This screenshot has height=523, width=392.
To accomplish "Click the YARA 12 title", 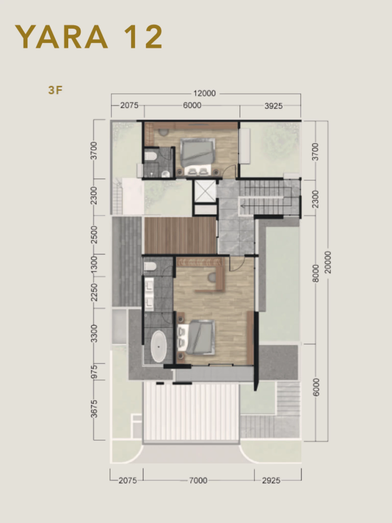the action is pyautogui.click(x=89, y=37).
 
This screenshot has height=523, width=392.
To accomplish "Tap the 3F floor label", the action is pyautogui.click(x=55, y=90).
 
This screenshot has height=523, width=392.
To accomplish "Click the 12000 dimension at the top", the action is pyautogui.click(x=204, y=93).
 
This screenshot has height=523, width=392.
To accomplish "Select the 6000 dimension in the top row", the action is pyautogui.click(x=192, y=105).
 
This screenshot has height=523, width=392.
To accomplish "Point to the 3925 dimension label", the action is pyautogui.click(x=273, y=106).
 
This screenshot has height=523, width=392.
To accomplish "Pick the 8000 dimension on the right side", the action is pyautogui.click(x=316, y=274).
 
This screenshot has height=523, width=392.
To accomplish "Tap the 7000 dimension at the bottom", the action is pyautogui.click(x=198, y=481).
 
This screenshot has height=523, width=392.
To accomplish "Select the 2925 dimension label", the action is pyautogui.click(x=271, y=481).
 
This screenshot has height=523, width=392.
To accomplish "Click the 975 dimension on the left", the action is pyautogui.click(x=94, y=372).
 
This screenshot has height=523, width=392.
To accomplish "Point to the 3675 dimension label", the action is pyautogui.click(x=94, y=409).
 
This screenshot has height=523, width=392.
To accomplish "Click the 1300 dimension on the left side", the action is pyautogui.click(x=94, y=265).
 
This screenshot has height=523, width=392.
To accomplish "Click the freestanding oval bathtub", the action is pyautogui.click(x=159, y=347).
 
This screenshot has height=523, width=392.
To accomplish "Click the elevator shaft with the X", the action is pyautogui.click(x=205, y=191).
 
